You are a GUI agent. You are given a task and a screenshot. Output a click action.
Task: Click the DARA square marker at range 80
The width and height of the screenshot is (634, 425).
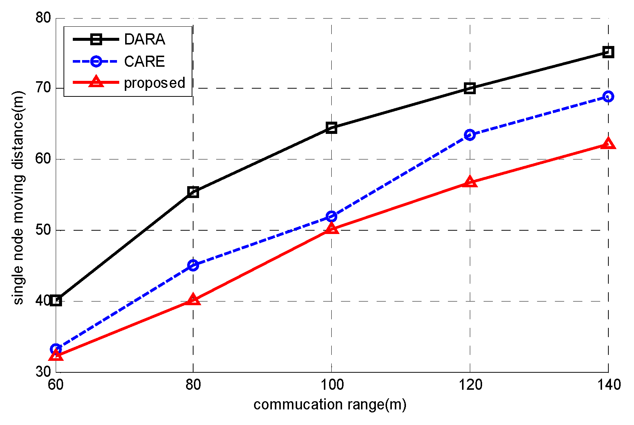[193, 192]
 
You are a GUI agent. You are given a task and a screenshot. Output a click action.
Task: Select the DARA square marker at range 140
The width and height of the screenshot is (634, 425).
[608, 52]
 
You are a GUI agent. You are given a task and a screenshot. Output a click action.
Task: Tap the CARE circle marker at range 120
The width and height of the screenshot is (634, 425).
[470, 135]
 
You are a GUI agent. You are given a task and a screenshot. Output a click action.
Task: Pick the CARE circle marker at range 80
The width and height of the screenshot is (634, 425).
[193, 265]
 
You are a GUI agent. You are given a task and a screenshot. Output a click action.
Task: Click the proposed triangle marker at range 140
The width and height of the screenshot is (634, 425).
[608, 144]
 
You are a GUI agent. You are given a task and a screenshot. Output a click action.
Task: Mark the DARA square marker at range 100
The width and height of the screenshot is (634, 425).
[331, 128]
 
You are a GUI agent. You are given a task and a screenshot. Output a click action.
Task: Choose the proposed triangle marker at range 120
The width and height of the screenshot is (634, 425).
[470, 182]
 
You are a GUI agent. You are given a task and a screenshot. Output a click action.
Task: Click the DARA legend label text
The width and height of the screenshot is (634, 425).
[144, 39]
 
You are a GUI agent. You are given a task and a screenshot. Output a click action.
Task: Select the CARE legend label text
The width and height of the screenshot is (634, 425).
[144, 62]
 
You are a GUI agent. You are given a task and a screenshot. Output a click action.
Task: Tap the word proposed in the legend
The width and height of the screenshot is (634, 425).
[155, 83]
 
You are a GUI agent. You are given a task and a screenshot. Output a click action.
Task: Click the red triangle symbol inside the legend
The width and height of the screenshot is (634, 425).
[96, 82]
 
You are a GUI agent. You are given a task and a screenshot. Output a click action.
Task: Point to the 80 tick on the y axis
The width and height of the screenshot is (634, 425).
[43, 17]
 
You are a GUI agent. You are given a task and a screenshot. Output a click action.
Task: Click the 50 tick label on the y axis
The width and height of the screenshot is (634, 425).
[43, 230]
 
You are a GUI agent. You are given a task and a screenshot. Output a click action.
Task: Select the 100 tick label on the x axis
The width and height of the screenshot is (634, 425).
[331, 385]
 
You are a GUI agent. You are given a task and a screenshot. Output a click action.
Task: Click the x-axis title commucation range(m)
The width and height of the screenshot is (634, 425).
[330, 405]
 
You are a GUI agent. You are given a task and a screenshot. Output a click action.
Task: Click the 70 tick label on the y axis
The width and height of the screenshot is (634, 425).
[43, 88]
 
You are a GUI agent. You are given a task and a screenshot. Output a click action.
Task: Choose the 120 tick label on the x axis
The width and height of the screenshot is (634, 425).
[470, 385]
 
